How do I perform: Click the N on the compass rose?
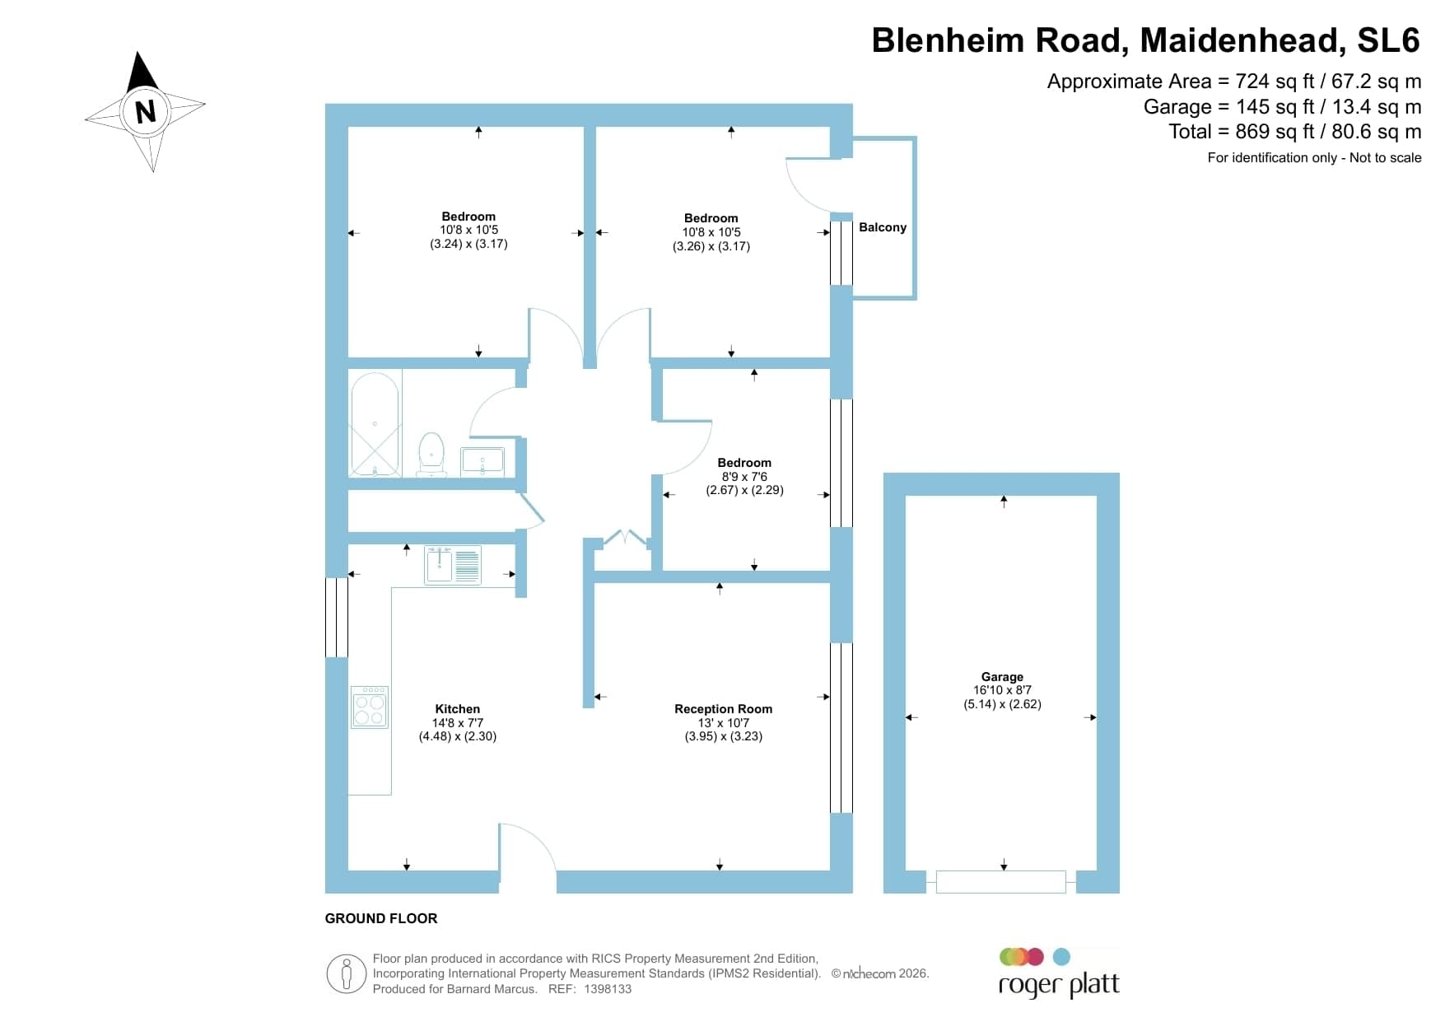146,111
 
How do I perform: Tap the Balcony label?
883,227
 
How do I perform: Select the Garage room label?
1002,677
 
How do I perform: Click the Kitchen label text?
458,709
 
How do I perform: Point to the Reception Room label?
724,709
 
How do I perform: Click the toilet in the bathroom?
432,455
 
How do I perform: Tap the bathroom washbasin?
482,461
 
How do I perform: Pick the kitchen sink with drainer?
453,566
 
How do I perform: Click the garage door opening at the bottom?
1001,882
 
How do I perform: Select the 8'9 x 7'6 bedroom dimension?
744,477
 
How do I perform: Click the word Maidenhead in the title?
1238,40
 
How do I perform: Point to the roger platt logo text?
1059,985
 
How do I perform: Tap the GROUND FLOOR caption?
381,918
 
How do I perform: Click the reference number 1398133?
608,989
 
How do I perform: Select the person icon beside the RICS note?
347,974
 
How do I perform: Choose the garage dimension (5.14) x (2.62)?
1003,704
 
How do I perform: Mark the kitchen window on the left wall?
337,618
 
